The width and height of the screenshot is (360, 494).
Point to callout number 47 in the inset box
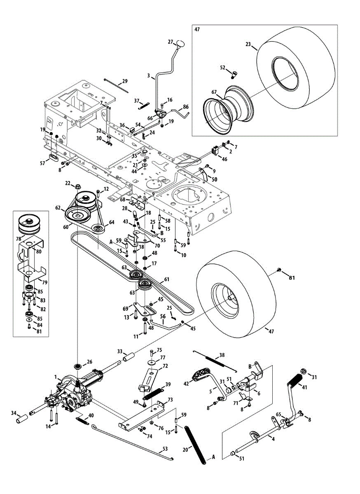(x=197, y=30)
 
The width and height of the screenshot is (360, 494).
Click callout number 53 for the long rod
(x=166, y=449)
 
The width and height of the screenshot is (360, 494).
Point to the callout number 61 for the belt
(x=166, y=280)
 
